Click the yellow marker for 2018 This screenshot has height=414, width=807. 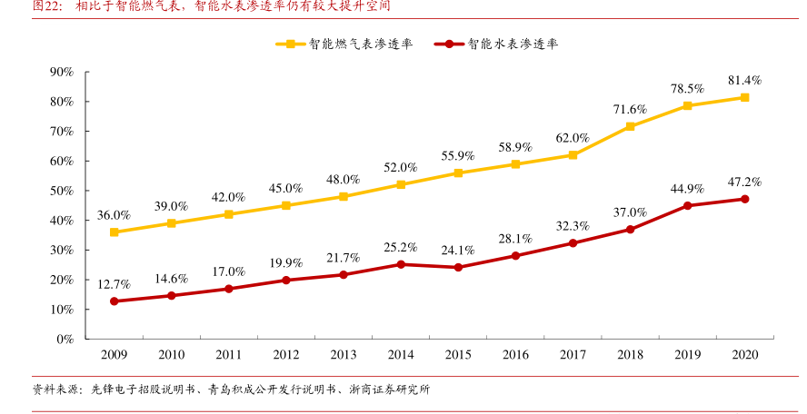click(x=630, y=126)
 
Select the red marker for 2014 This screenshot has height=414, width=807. click(x=401, y=264)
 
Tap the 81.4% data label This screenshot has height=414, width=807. click(x=744, y=80)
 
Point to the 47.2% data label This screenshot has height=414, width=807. click(x=744, y=182)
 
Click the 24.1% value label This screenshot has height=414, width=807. click(x=458, y=250)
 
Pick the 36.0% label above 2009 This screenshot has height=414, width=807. click(x=114, y=215)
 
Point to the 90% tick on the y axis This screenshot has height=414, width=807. click(x=62, y=72)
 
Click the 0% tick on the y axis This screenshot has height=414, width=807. click(x=65, y=339)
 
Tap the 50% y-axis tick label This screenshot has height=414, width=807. click(x=62, y=191)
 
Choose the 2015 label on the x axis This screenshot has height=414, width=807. click(x=458, y=354)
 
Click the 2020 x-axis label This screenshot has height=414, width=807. click(x=744, y=354)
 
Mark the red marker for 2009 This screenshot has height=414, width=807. click(x=114, y=301)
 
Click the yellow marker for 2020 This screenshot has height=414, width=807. click(x=744, y=97)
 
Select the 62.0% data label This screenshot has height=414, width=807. click(x=573, y=138)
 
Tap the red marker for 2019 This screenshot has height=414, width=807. click(x=687, y=205)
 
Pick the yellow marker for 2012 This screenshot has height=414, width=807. click(x=285, y=205)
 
